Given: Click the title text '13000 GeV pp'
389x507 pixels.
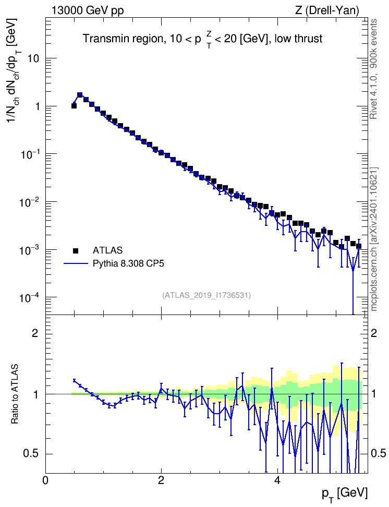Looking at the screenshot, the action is pos(88,10).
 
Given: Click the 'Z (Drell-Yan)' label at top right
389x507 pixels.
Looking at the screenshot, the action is pos(327,10).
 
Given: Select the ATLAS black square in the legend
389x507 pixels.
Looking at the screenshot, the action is pos(76,250).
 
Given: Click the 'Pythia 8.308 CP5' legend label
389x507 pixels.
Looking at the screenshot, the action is pos(128,264).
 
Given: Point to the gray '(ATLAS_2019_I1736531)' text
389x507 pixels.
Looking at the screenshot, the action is pos(206,295).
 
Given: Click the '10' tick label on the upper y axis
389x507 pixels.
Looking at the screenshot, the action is pos(33,58).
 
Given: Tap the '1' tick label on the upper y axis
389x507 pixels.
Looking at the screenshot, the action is pos(37,106).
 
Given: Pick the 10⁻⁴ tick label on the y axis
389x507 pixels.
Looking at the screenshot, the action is pos(29,297).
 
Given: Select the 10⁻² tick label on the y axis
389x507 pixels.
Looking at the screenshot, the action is pos(29,201).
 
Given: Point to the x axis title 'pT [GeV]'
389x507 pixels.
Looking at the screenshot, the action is pos(345,494).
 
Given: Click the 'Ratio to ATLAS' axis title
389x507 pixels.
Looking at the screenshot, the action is pos(14,394).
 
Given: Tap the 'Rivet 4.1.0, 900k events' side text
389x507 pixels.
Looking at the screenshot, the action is pos(373,69).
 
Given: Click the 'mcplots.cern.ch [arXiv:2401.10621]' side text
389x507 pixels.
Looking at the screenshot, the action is pos(373,239).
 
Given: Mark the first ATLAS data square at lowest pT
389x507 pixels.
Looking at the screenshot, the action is pos(74,106).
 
